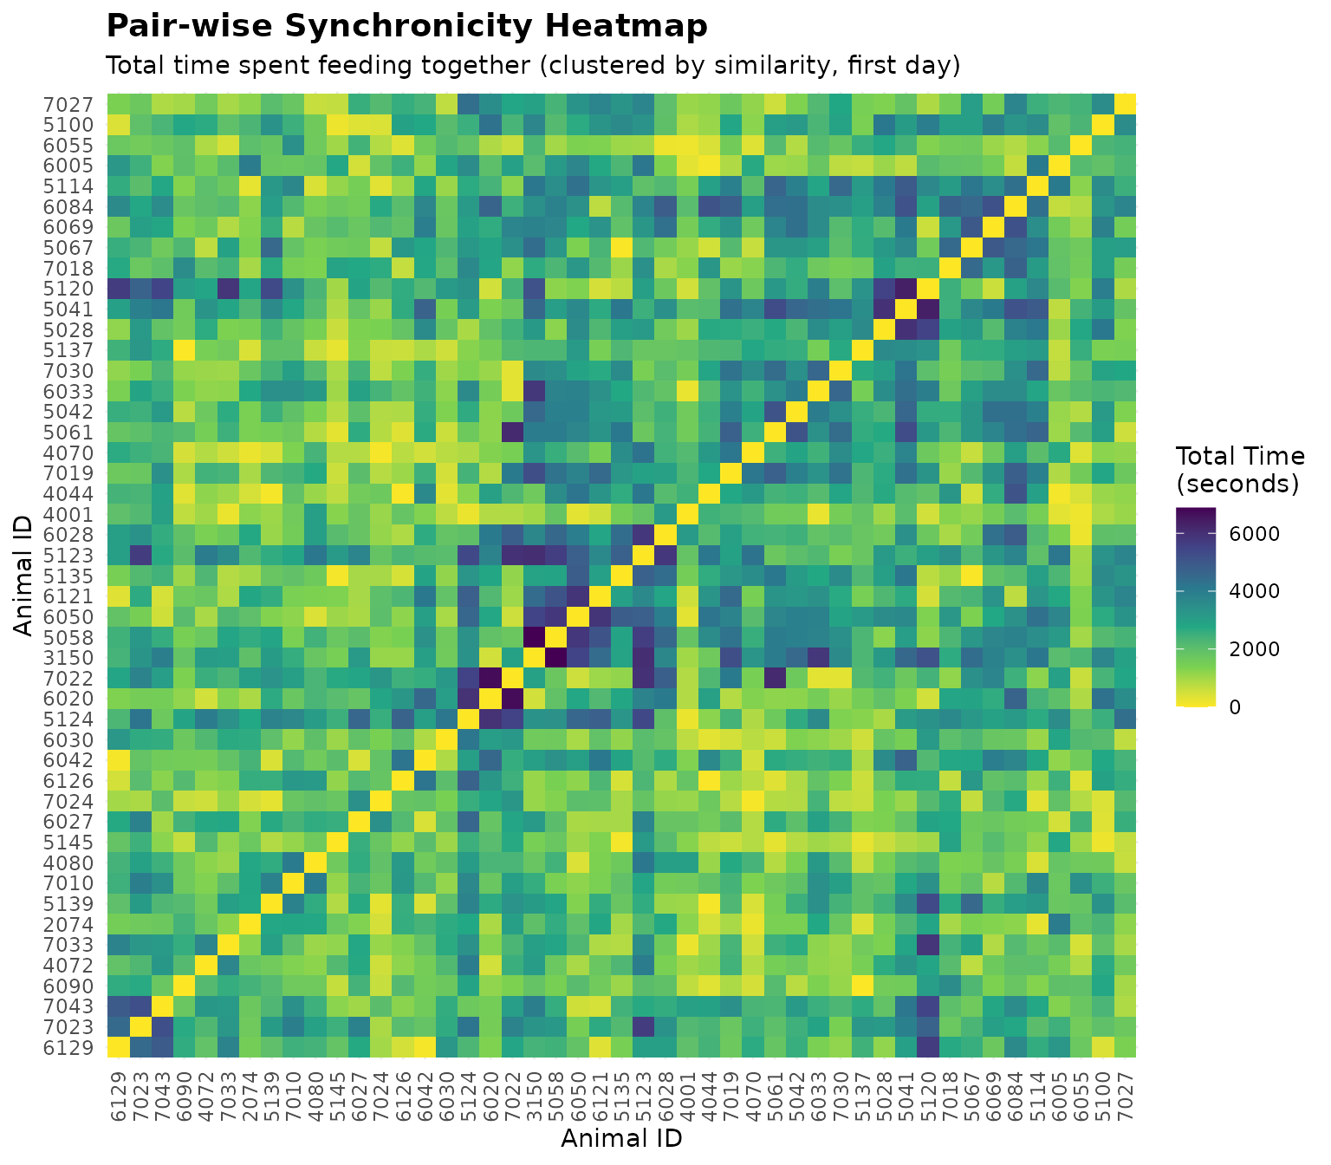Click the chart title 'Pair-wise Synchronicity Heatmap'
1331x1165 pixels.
coord(406,27)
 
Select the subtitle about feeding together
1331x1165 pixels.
coord(532,66)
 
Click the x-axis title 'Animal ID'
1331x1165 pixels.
coord(621,1137)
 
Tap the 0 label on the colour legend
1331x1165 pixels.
coord(1234,707)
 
